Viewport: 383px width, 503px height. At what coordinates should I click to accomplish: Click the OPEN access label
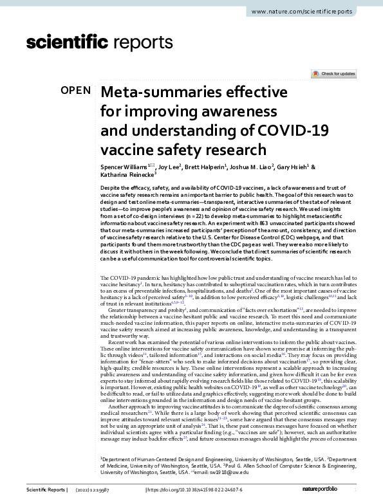[x=75, y=91]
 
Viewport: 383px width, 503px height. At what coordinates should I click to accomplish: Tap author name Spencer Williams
[x=124, y=166]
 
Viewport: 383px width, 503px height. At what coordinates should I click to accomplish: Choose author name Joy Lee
[x=165, y=166]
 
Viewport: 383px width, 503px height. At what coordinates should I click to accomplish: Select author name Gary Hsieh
[x=295, y=166]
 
